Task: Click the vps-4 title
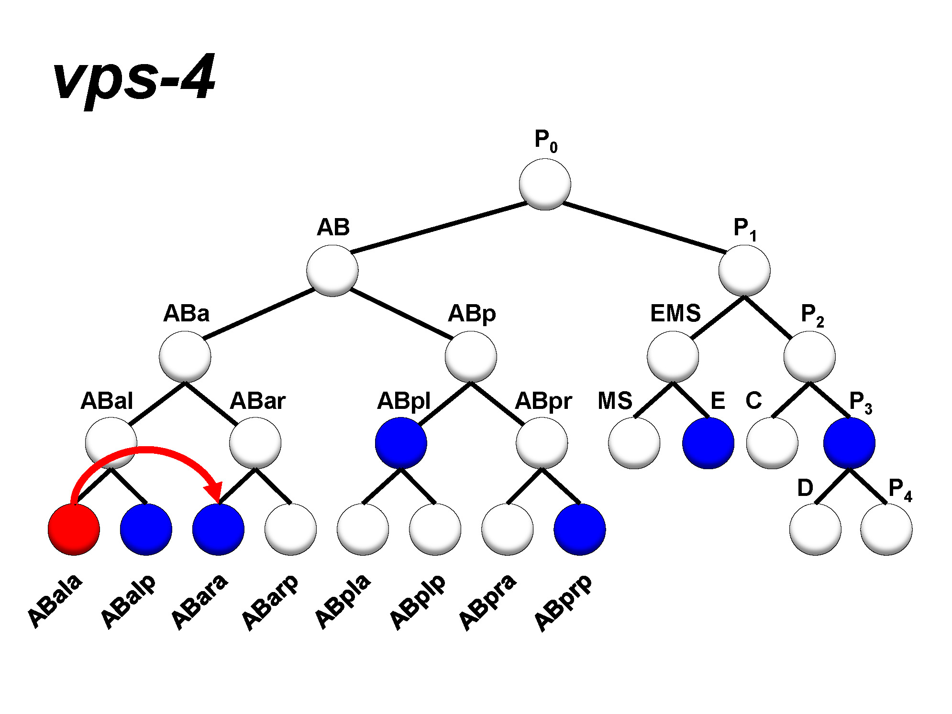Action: (x=134, y=79)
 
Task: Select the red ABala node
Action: (x=74, y=529)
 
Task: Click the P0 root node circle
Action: (x=545, y=185)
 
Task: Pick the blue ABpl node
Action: (x=401, y=443)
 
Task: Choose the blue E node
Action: (x=708, y=443)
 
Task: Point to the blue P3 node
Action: (x=849, y=443)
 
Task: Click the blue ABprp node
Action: (x=580, y=529)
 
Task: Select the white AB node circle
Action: (x=332, y=271)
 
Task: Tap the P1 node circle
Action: (x=744, y=271)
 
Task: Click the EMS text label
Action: (x=675, y=314)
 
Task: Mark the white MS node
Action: (x=634, y=443)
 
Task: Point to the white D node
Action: (x=815, y=529)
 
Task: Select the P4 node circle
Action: (x=886, y=529)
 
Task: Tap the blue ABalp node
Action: (x=146, y=529)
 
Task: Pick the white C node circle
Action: (x=772, y=443)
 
